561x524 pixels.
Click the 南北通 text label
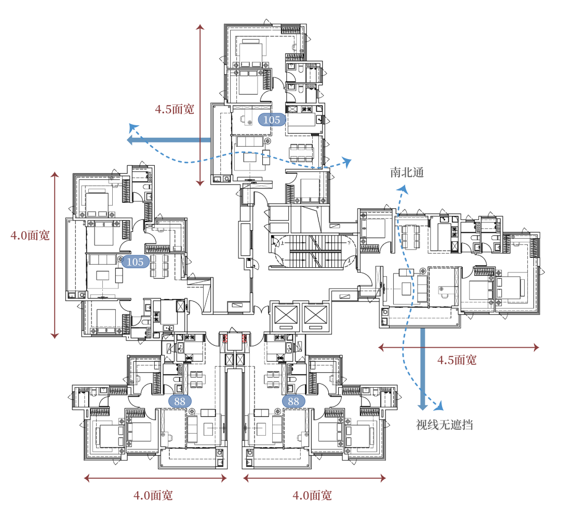(407, 173)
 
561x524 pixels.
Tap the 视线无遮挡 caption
(444, 425)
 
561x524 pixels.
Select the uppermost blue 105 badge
(272, 120)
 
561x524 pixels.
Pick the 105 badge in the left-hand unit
(135, 262)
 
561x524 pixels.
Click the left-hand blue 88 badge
(180, 401)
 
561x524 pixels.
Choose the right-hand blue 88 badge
(293, 401)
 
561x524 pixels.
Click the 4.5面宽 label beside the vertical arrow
(174, 109)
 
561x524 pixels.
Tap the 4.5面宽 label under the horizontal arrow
(457, 360)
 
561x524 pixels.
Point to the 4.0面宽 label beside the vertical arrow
(30, 235)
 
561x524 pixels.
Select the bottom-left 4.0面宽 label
(153, 495)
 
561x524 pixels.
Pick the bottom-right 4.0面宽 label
(312, 495)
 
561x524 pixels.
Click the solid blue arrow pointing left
(169, 140)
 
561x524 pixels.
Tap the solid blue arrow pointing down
(423, 369)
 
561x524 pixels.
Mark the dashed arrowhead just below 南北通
(403, 189)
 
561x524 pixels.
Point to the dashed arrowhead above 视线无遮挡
(439, 405)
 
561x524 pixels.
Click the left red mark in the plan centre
(225, 339)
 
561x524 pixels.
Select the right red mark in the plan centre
(244, 339)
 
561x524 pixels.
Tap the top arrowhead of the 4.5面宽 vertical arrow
(201, 27)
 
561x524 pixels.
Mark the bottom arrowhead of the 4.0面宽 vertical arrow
(55, 336)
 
